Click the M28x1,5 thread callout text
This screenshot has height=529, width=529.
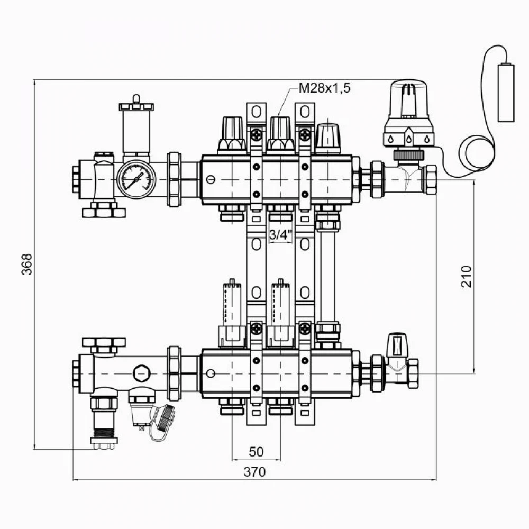pyautogui.click(x=325, y=88)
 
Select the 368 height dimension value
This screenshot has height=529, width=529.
pyautogui.click(x=26, y=264)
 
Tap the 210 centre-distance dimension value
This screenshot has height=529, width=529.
pyautogui.click(x=466, y=276)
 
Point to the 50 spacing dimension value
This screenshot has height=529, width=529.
pyautogui.click(x=256, y=452)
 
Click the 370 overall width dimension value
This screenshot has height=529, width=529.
pyautogui.click(x=255, y=472)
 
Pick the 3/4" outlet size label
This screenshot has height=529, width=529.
pyautogui.click(x=280, y=234)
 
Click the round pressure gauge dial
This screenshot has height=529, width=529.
pyautogui.click(x=136, y=179)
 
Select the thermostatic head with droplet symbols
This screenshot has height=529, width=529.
pyautogui.click(x=408, y=113)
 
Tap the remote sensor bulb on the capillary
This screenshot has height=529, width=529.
pyautogui.click(x=506, y=92)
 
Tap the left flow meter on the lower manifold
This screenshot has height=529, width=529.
pyautogui.click(x=232, y=313)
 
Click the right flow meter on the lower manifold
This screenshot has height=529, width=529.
pyautogui.click(x=280, y=313)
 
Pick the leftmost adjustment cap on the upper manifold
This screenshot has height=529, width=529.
pyautogui.click(x=232, y=135)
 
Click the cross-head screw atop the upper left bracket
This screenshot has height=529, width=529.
pyautogui.click(x=257, y=135)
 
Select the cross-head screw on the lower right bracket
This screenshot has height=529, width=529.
pyautogui.click(x=305, y=329)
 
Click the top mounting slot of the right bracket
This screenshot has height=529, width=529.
pyautogui.click(x=305, y=112)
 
